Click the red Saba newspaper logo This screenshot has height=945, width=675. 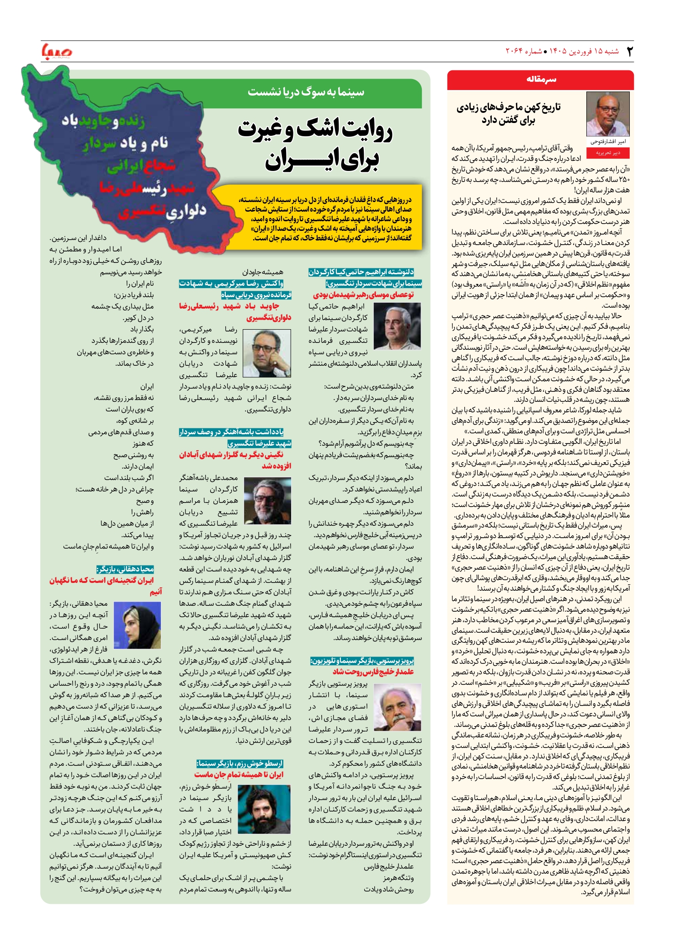(x=57, y=51)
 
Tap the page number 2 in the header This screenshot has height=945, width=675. (x=629, y=51)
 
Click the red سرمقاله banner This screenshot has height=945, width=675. (x=540, y=80)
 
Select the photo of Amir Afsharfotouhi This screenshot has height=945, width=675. (x=608, y=114)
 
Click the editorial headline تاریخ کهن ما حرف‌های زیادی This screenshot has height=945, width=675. (x=508, y=113)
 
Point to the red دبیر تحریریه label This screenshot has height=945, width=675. (x=608, y=153)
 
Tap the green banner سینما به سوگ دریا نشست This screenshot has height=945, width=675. (x=306, y=92)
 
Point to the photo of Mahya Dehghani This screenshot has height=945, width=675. (x=137, y=625)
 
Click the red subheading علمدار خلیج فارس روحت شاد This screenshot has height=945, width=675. (x=373, y=672)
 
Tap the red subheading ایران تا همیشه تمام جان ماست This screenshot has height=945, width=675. (x=239, y=774)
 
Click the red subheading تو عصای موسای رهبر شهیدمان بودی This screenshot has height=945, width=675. (x=363, y=295)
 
